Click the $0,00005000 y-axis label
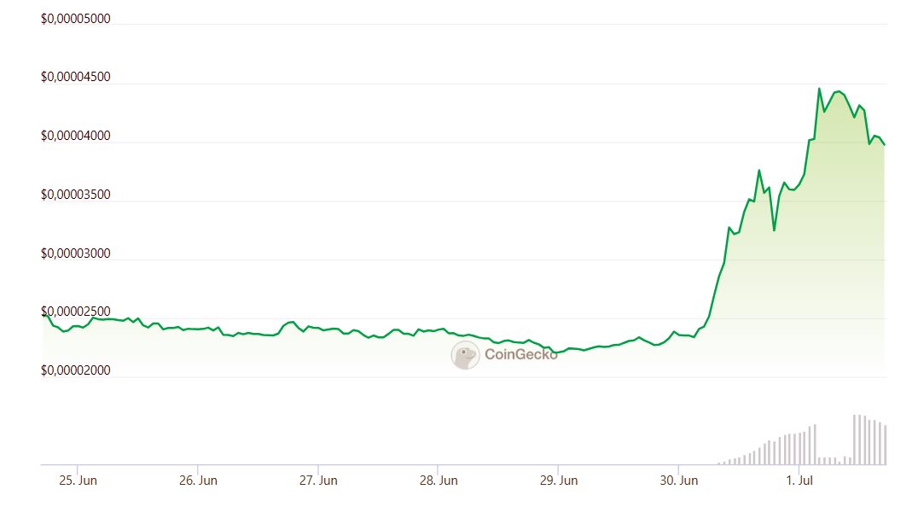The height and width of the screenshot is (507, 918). (x=76, y=19)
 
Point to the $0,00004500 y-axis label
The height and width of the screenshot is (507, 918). (x=76, y=77)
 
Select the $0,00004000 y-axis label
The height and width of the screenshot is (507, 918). (x=76, y=136)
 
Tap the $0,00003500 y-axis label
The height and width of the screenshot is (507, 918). (x=76, y=195)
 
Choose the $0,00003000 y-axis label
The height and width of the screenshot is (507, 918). (x=76, y=253)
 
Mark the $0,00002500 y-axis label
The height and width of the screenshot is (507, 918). (x=76, y=312)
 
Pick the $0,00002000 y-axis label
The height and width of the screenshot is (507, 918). (x=76, y=371)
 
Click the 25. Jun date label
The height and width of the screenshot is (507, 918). (x=78, y=481)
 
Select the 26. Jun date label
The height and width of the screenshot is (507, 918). (x=197, y=481)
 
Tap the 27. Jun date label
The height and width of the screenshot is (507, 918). (x=317, y=481)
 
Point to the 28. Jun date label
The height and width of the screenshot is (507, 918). (x=437, y=481)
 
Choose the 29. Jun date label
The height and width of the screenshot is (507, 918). (x=557, y=481)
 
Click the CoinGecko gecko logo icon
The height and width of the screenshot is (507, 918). (x=465, y=355)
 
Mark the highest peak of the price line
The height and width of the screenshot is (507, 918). (x=819, y=89)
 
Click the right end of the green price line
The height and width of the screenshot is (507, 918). (x=885, y=145)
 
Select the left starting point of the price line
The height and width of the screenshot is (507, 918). (x=43, y=314)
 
